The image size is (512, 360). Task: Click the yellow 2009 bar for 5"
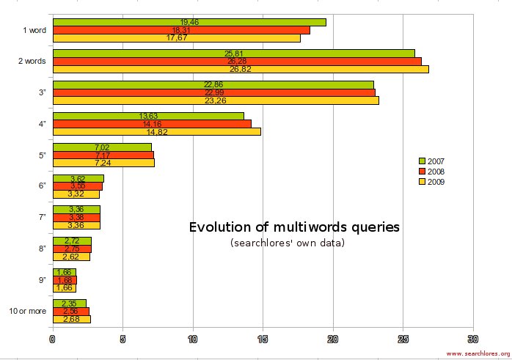(x=103, y=163)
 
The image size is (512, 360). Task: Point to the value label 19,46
(x=189, y=23)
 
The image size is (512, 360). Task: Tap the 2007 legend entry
(x=431, y=161)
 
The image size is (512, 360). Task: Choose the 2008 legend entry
(x=431, y=171)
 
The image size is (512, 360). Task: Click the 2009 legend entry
(x=431, y=181)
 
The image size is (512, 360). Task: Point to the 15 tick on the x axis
(x=263, y=339)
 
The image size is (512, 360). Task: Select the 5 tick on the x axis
(x=122, y=339)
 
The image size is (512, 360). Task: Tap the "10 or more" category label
(x=27, y=311)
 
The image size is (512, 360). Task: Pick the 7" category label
(x=42, y=218)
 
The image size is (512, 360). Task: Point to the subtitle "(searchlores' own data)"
(x=287, y=243)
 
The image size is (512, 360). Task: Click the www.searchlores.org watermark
(x=478, y=353)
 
